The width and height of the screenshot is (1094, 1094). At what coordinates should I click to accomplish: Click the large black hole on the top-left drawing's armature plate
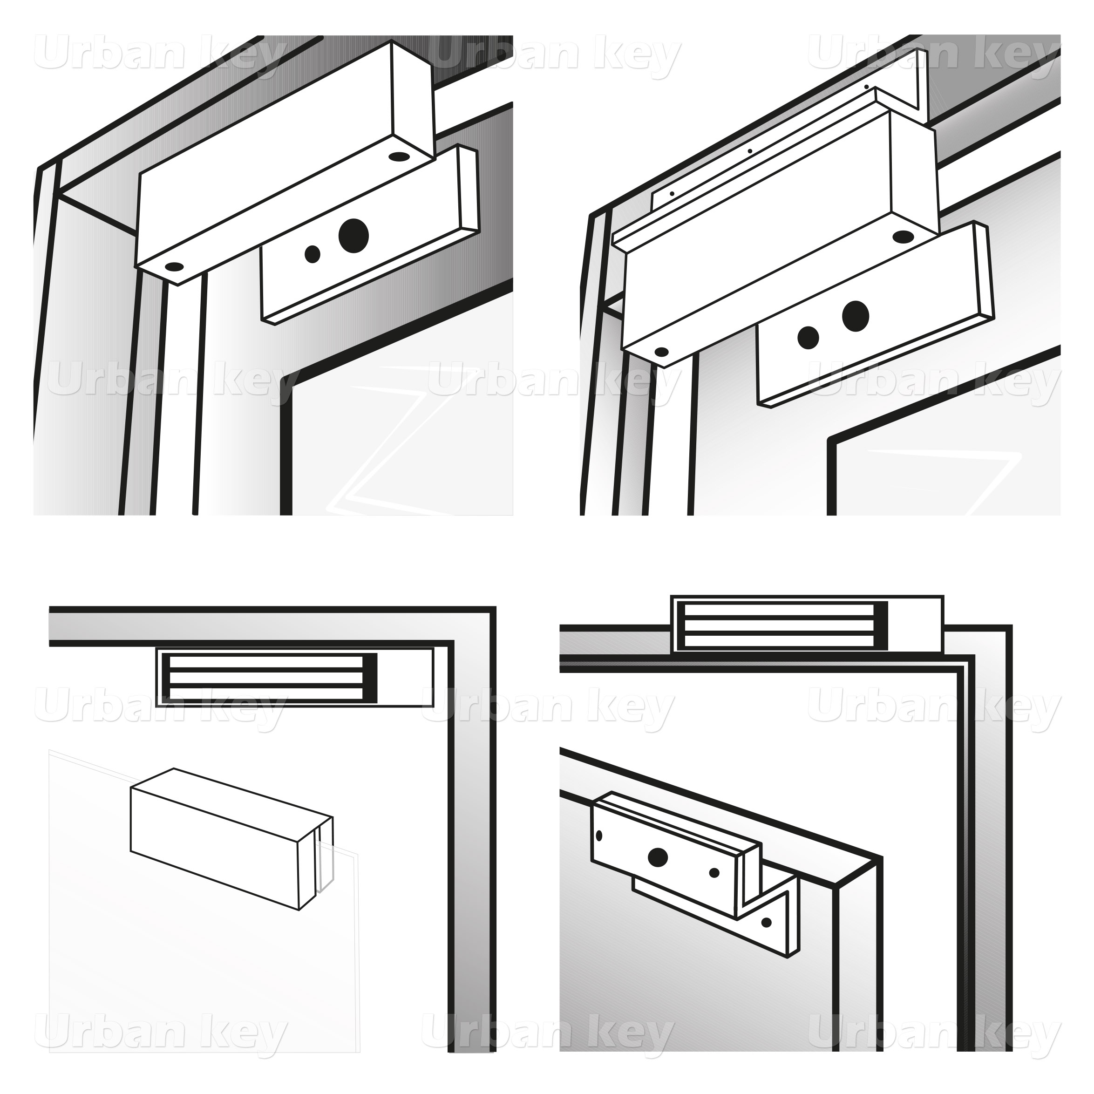(353, 234)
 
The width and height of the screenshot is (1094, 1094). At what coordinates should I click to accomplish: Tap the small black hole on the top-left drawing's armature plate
(312, 254)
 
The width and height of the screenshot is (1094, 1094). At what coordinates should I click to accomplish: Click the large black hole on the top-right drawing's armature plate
(855, 316)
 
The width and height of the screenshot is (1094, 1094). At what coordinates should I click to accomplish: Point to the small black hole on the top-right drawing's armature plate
(809, 337)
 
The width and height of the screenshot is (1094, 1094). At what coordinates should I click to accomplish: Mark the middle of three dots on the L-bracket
(750, 151)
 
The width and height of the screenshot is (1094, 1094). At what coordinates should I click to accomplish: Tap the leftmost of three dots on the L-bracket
(672, 193)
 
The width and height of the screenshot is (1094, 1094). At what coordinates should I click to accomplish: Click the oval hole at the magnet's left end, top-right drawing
(660, 352)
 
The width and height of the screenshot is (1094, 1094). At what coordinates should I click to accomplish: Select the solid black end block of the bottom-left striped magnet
(370, 678)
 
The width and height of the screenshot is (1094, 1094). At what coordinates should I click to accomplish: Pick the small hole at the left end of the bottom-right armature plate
(599, 835)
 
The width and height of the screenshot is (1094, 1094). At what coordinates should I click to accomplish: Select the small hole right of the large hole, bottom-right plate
(714, 873)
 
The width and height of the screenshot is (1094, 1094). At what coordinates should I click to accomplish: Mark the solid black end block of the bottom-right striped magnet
(881, 625)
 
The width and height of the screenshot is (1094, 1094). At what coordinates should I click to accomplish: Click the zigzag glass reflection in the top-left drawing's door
(399, 447)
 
